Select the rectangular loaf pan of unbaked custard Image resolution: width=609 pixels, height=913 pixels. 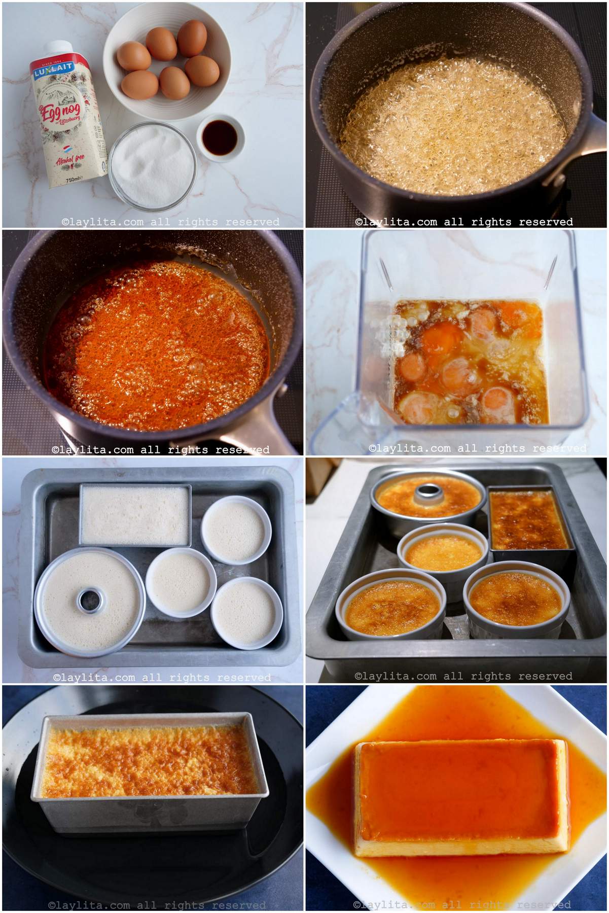pos(135,514)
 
